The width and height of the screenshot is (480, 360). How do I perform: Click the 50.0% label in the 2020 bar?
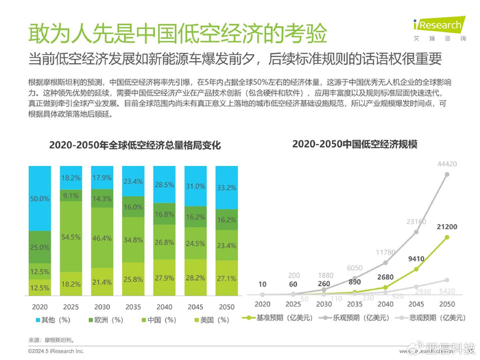40,198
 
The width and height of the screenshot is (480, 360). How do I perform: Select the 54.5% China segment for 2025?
71,237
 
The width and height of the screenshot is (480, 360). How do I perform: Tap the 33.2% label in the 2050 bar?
226,187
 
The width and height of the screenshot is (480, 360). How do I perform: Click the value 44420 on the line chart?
447,163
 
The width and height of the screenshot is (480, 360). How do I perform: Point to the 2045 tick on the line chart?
417,304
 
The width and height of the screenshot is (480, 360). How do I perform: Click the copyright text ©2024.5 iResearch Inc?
56,350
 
